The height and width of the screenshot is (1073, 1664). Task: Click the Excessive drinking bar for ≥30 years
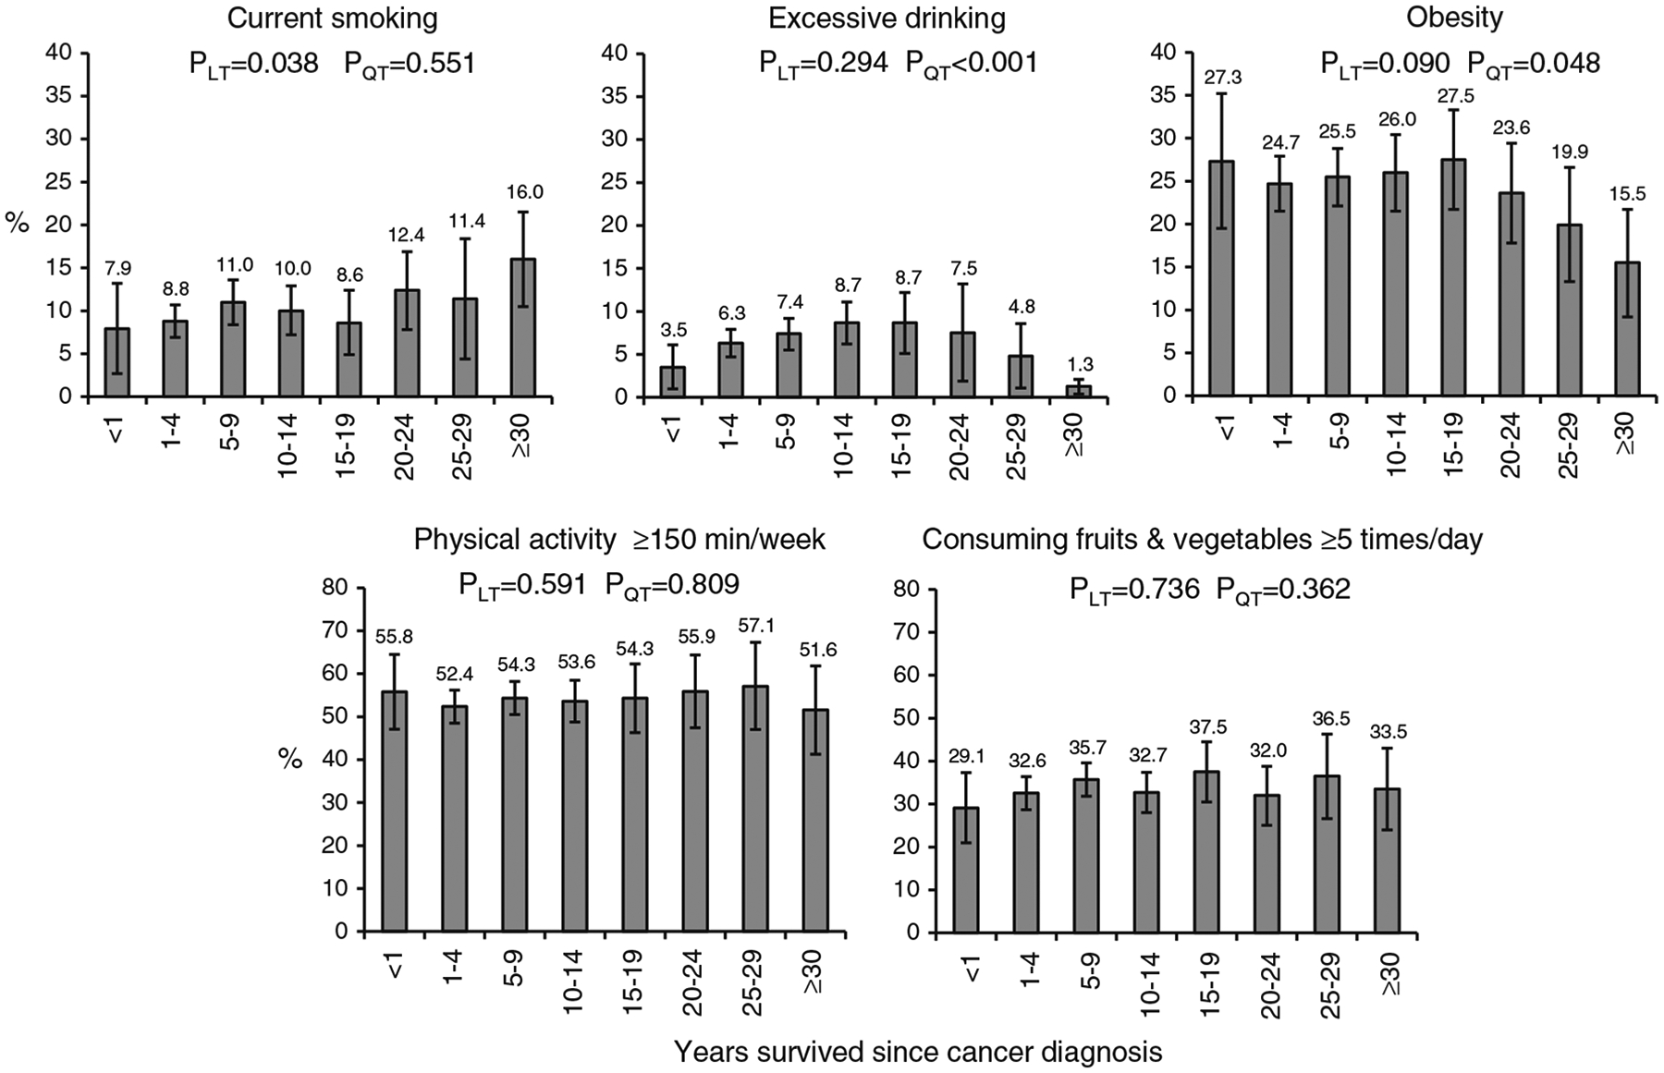(1078, 391)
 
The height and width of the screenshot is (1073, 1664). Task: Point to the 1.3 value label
(1078, 365)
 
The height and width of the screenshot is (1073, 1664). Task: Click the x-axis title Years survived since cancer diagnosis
(917, 1053)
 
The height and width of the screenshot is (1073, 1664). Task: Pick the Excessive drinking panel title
(887, 18)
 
